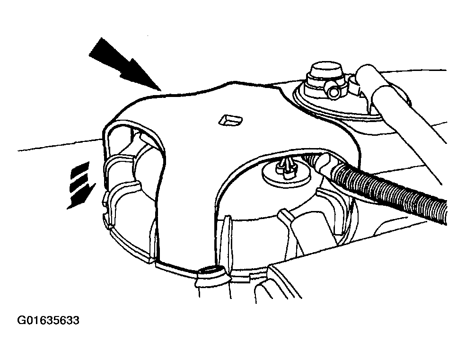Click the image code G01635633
(48, 320)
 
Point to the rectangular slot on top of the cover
(230, 120)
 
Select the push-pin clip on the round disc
(287, 169)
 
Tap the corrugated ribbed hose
(388, 189)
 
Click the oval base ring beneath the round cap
(335, 101)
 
